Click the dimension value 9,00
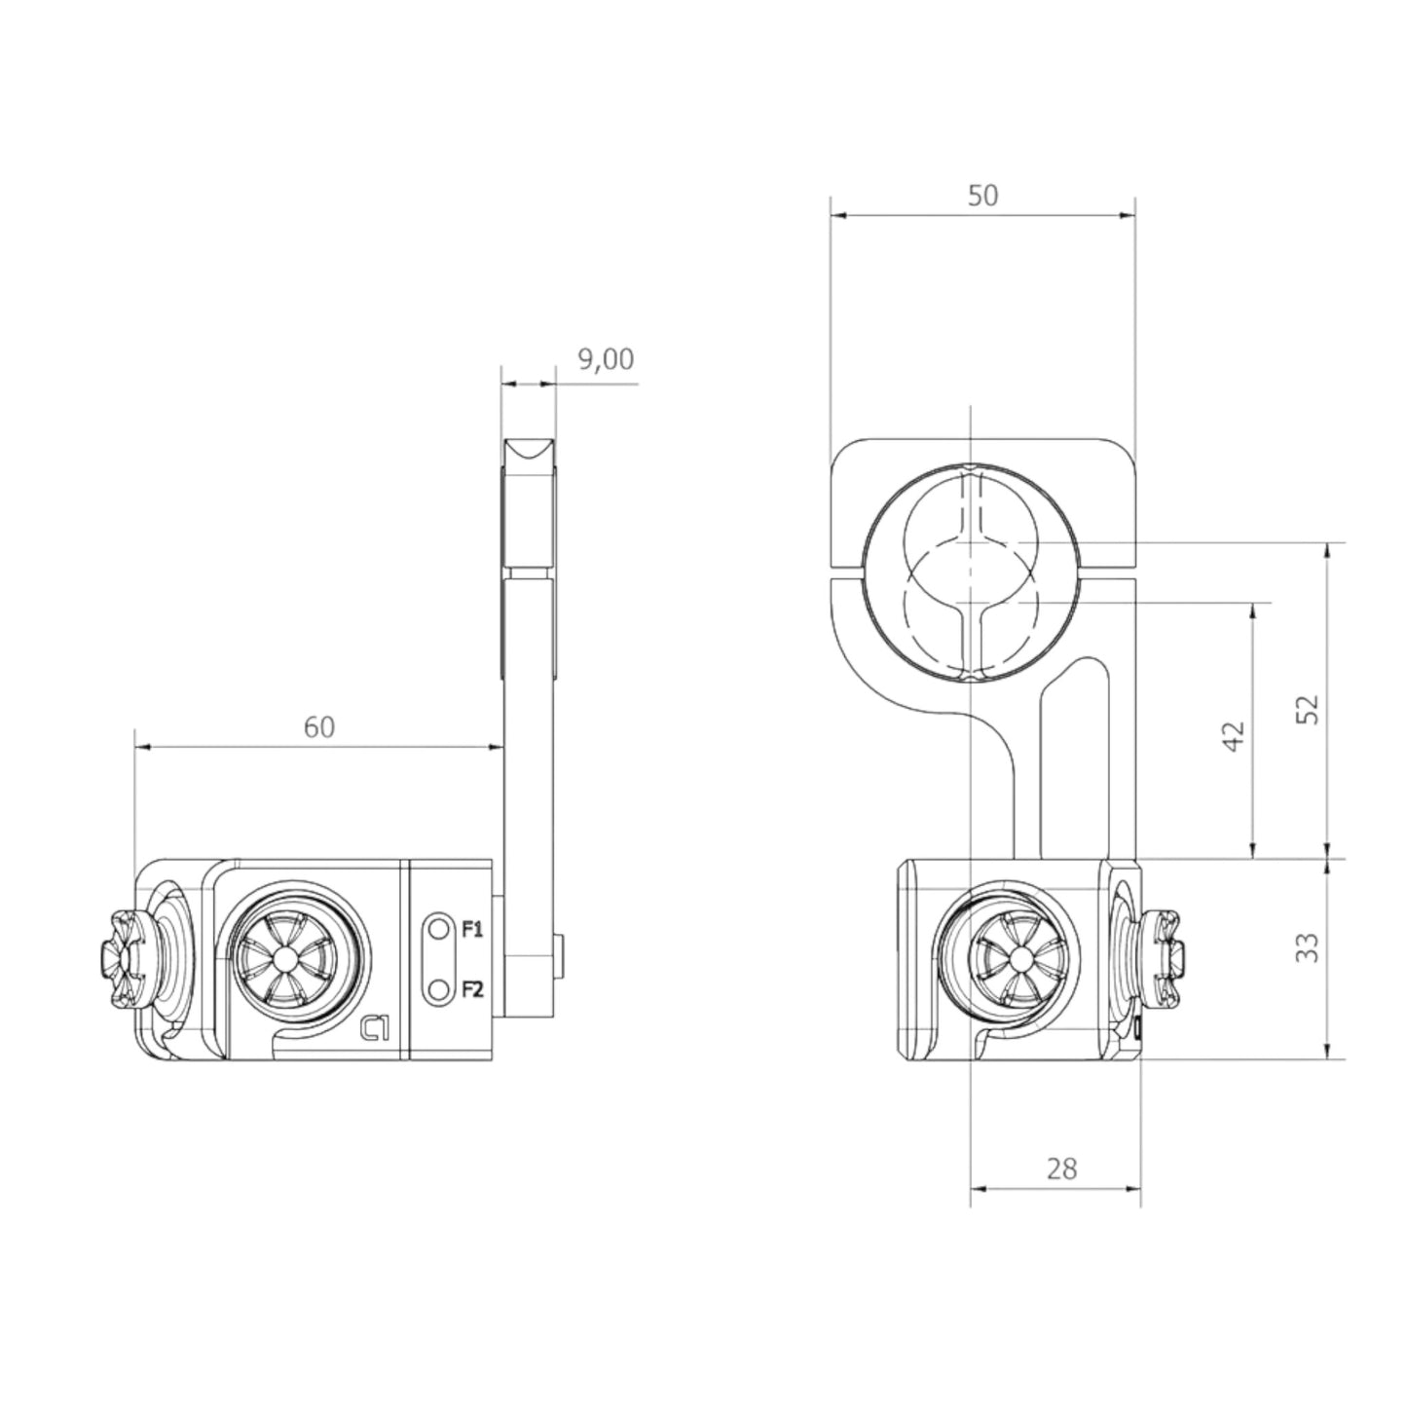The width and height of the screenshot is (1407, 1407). (606, 360)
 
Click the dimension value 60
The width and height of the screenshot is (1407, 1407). (318, 727)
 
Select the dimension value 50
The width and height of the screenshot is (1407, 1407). (982, 196)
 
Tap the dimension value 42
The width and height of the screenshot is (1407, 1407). (1234, 736)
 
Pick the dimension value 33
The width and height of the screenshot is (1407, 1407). (1310, 947)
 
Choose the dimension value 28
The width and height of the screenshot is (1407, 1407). (1061, 1167)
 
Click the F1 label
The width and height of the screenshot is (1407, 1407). (472, 930)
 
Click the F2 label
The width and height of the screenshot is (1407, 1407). (472, 989)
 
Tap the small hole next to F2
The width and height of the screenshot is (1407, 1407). (439, 989)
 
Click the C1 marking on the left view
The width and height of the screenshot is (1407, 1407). (375, 1028)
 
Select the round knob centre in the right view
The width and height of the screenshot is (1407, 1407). (1019, 959)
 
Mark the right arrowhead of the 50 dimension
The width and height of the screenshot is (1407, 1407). (1129, 215)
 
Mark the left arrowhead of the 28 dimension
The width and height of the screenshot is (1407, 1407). (978, 1188)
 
